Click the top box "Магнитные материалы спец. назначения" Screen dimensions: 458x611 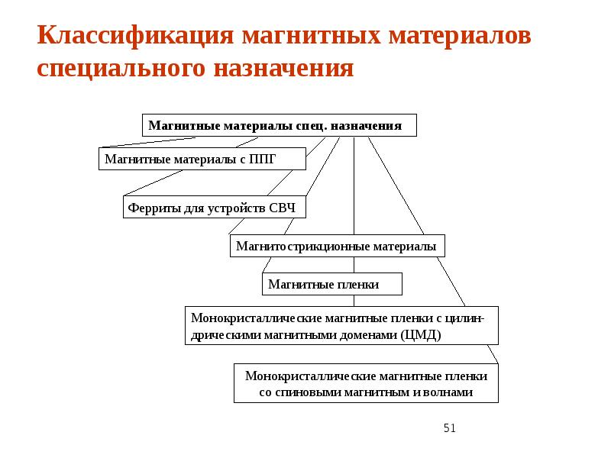[x=279, y=125]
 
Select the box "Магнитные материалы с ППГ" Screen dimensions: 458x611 [x=202, y=159]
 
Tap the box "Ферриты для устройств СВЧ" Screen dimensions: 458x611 [x=214, y=207]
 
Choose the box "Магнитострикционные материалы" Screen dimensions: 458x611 [x=337, y=246]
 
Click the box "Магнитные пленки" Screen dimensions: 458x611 [x=332, y=285]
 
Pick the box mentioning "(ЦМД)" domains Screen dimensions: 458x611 [x=341, y=326]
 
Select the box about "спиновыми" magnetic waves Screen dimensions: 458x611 [x=366, y=384]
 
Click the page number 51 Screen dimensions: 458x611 [x=449, y=428]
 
